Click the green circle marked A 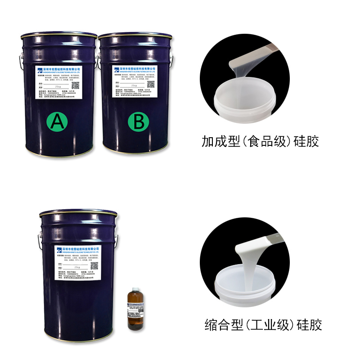pyautogui.click(x=57, y=121)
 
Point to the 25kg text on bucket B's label pyautogui.click(x=134, y=84)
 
